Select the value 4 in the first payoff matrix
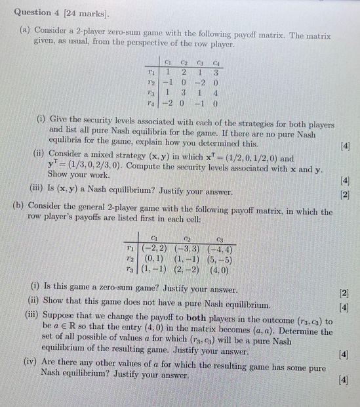[215, 93]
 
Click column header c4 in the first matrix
[214, 61]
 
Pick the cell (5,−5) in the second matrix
[219, 259]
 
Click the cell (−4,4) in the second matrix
[220, 249]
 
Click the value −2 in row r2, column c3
[196, 83]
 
